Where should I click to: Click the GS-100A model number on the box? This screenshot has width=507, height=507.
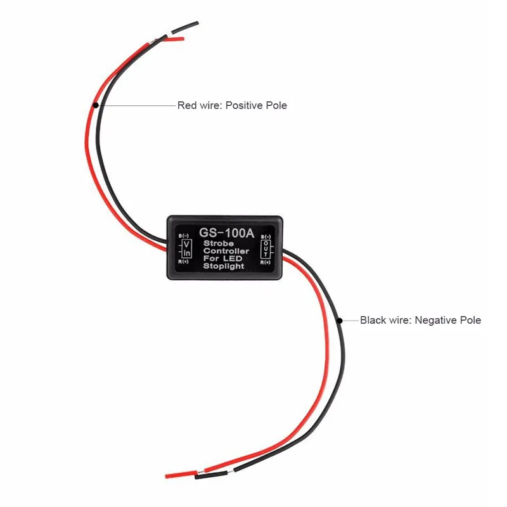(227, 233)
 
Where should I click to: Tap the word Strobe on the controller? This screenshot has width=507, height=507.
(219, 243)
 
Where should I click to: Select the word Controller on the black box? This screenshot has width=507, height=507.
(226, 251)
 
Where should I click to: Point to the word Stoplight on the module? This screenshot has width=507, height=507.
(224, 266)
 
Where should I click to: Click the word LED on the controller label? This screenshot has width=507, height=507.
(233, 259)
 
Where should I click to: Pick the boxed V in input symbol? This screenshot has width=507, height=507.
(186, 248)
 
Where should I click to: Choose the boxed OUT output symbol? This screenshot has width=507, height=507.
(266, 248)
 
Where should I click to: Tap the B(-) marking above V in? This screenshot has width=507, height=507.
(184, 236)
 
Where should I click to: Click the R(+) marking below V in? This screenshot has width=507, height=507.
(183, 262)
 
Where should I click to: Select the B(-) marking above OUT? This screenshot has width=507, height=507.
(266, 236)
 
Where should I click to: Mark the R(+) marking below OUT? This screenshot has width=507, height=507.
(265, 262)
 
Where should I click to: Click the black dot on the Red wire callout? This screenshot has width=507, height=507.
(96, 105)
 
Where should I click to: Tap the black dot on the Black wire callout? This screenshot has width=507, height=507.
(340, 321)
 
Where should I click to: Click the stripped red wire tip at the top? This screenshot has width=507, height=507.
(183, 39)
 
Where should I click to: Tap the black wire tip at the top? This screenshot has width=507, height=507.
(196, 23)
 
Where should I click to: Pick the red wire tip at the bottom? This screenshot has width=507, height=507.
(167, 477)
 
